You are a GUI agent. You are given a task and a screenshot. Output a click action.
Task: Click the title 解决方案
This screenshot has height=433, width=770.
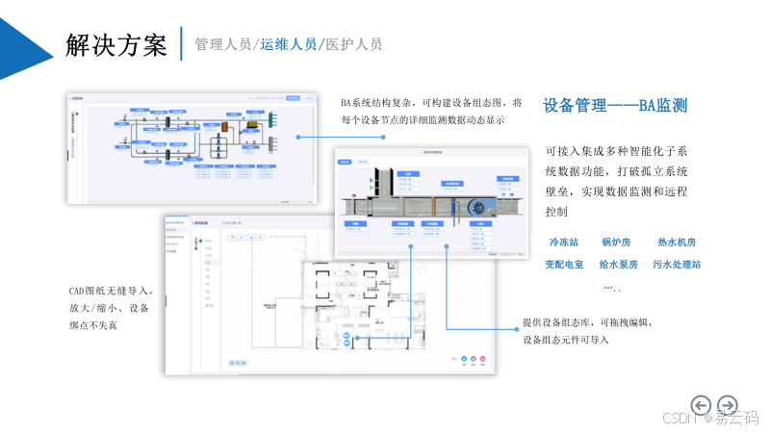click(x=116, y=44)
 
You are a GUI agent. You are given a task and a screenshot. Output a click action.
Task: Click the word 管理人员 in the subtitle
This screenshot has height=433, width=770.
click(x=222, y=44)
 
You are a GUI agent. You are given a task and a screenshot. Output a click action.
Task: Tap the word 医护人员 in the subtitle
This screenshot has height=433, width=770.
click(x=353, y=44)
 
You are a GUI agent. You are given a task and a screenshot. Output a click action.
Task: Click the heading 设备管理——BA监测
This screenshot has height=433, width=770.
click(x=615, y=106)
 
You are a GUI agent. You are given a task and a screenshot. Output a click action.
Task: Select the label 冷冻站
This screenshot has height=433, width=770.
click(x=564, y=242)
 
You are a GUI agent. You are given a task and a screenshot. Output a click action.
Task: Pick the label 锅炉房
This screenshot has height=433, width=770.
click(x=616, y=242)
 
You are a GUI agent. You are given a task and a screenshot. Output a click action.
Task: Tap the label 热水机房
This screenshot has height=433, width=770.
click(x=677, y=242)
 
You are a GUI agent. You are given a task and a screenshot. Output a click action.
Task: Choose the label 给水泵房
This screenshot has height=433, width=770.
click(x=619, y=264)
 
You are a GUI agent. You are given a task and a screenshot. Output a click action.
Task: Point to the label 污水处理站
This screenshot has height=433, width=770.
click(x=677, y=264)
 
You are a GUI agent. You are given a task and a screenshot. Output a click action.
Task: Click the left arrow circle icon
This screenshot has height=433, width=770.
click(x=702, y=404)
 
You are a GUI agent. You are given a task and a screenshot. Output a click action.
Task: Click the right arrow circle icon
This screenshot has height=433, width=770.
click(x=729, y=404)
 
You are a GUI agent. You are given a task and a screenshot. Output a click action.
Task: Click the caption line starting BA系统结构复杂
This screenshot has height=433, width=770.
click(x=431, y=103)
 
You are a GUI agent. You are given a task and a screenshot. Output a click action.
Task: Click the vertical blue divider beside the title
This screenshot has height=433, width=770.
click(x=181, y=44)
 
